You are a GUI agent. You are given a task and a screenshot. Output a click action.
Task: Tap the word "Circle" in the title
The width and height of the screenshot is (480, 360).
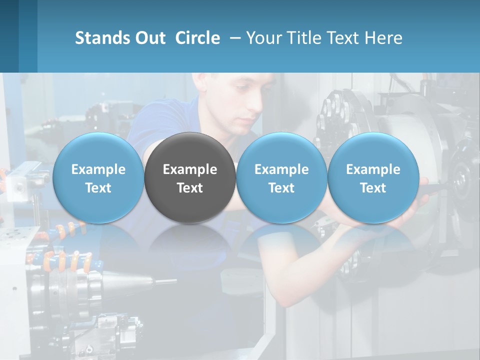pyautogui.click(x=197, y=38)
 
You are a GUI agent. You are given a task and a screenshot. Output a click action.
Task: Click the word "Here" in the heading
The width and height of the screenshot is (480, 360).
pyautogui.click(x=384, y=38)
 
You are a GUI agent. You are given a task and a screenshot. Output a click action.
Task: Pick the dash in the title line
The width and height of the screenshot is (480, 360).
pyautogui.click(x=233, y=38)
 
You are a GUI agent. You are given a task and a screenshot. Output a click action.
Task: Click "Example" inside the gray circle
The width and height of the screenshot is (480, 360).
pyautogui.click(x=190, y=169)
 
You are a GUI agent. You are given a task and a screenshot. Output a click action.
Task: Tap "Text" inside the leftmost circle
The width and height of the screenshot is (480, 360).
pyautogui.click(x=98, y=188)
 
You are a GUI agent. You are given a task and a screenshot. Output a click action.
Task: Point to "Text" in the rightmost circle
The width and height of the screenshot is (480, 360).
pyautogui.click(x=373, y=188)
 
